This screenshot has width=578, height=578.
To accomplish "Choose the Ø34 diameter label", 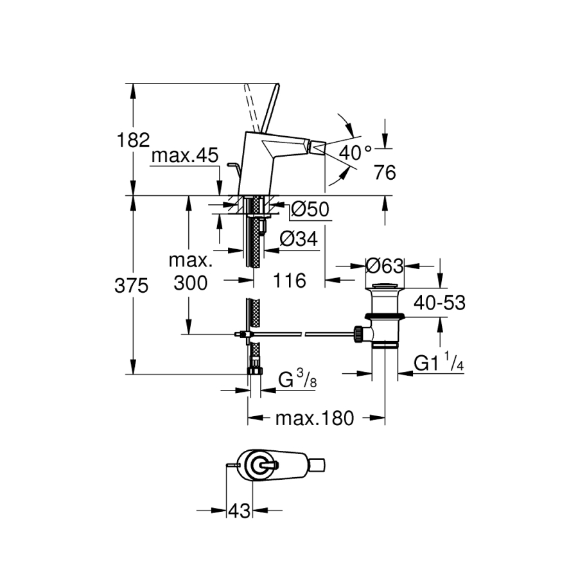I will (x=299, y=239).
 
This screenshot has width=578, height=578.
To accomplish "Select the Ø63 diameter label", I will (x=383, y=265).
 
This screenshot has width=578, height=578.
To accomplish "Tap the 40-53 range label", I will (x=439, y=302).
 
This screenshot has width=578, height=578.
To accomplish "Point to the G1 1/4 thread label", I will (x=439, y=363).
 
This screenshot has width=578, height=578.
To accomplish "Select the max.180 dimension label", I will (x=315, y=419).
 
